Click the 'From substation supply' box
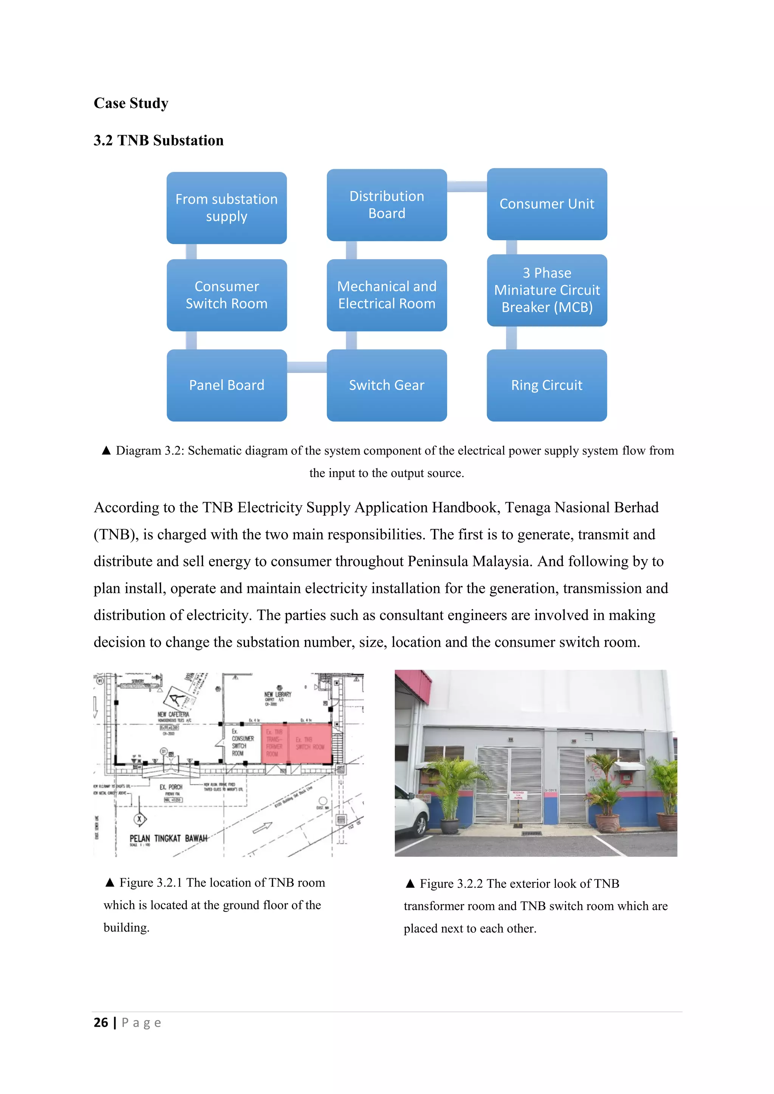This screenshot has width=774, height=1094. (226, 208)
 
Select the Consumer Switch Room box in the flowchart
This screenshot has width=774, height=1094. (226, 295)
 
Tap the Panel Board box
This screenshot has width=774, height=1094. (226, 385)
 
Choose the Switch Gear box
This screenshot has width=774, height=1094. (387, 385)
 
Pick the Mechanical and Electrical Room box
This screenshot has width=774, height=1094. (387, 295)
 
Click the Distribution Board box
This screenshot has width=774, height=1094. (387, 205)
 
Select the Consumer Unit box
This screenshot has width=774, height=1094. (546, 204)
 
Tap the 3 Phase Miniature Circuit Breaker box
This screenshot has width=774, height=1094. (546, 290)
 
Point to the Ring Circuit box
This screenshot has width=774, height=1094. (546, 385)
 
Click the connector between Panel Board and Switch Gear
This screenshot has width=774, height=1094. (307, 367)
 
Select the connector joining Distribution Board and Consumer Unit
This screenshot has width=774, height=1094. (467, 186)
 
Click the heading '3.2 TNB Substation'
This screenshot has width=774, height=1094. (158, 141)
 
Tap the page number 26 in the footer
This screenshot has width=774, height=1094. (101, 1023)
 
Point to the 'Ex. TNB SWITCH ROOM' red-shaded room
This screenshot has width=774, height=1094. (310, 743)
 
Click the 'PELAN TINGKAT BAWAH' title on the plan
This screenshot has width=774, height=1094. (168, 838)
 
